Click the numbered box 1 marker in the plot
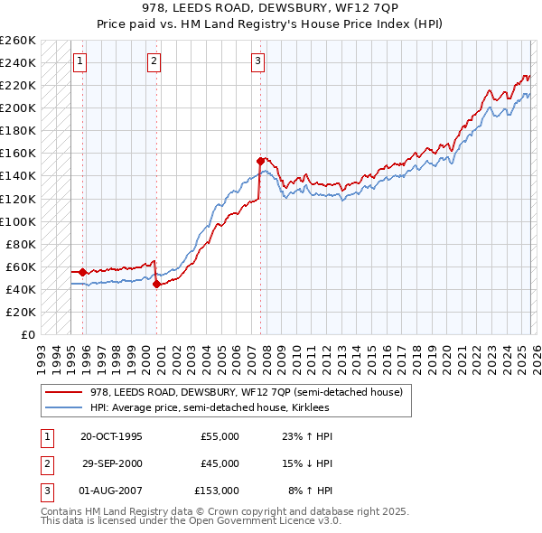tap(80, 61)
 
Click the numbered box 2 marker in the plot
tap(154, 61)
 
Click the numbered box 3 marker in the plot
tap(258, 61)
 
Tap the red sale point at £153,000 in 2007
tap(260, 161)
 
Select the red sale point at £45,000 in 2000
tap(157, 284)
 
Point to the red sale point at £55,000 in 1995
tap(82, 272)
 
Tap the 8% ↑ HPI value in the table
tap(311, 491)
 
